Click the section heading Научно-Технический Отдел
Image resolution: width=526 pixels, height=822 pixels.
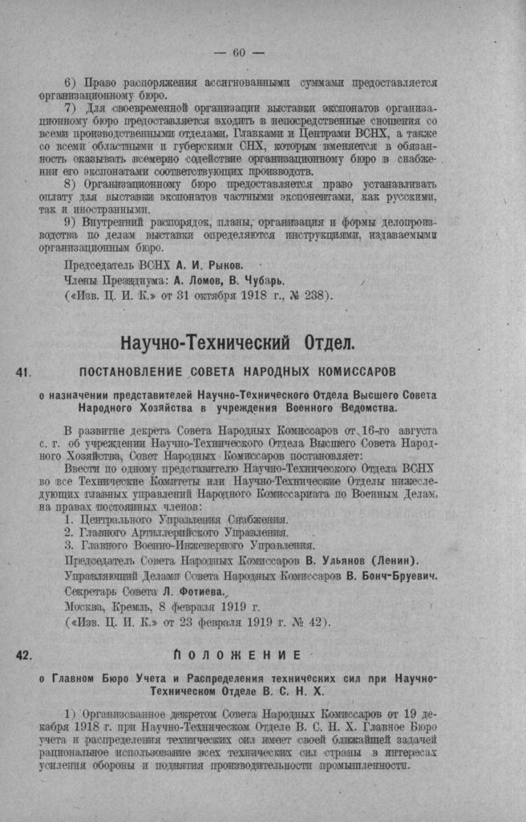point(237,344)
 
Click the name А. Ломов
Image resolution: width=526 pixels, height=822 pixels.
point(193,279)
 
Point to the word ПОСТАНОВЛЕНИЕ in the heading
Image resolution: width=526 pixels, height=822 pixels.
point(130,372)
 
